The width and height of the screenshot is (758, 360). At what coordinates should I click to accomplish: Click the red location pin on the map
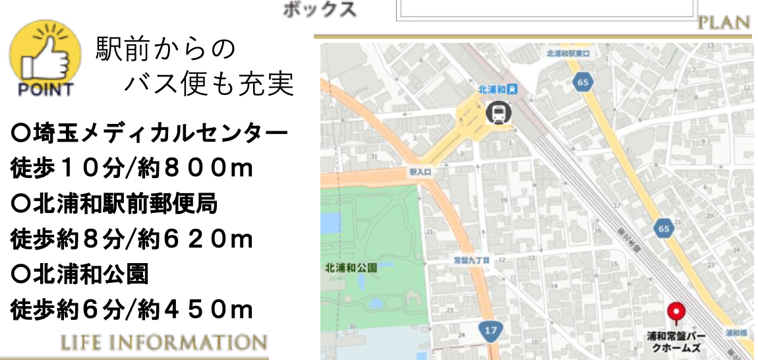(x=676, y=312)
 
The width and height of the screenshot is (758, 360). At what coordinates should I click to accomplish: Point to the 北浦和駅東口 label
(x=567, y=53)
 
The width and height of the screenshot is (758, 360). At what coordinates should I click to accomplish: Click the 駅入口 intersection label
(x=419, y=171)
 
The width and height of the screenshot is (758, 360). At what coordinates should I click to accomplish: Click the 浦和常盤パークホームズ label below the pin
(x=676, y=342)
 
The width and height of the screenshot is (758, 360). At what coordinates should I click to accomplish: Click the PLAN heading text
(x=724, y=23)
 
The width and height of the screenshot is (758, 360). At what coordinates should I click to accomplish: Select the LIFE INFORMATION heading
(x=163, y=343)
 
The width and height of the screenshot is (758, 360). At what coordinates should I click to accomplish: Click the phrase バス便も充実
(x=209, y=84)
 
